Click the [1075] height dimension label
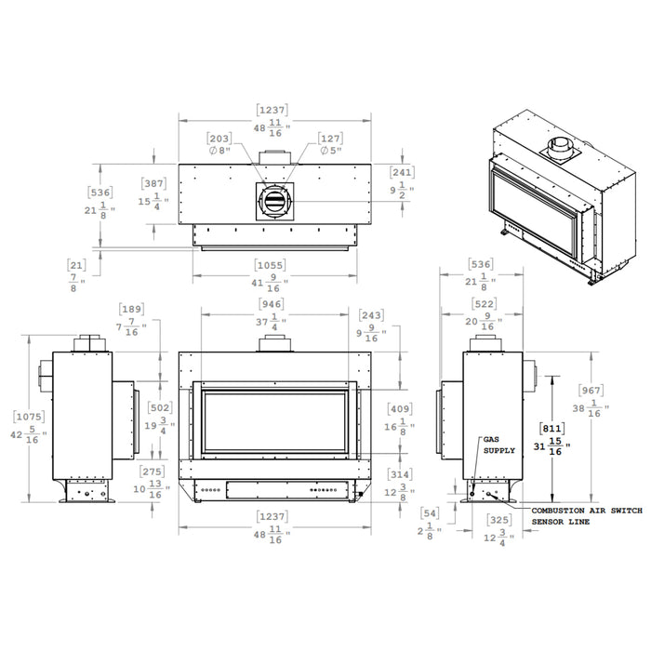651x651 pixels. (x=29, y=417)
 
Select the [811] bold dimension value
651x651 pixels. (x=551, y=428)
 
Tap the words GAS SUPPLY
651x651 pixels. (x=499, y=445)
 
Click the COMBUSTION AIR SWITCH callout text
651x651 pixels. (x=587, y=511)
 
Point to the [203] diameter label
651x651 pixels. (x=219, y=139)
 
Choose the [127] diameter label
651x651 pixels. (x=330, y=139)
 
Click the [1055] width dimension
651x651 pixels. (x=271, y=265)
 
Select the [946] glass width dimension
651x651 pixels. (x=272, y=304)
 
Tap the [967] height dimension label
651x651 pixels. (x=591, y=391)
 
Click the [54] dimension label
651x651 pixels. (x=430, y=513)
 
